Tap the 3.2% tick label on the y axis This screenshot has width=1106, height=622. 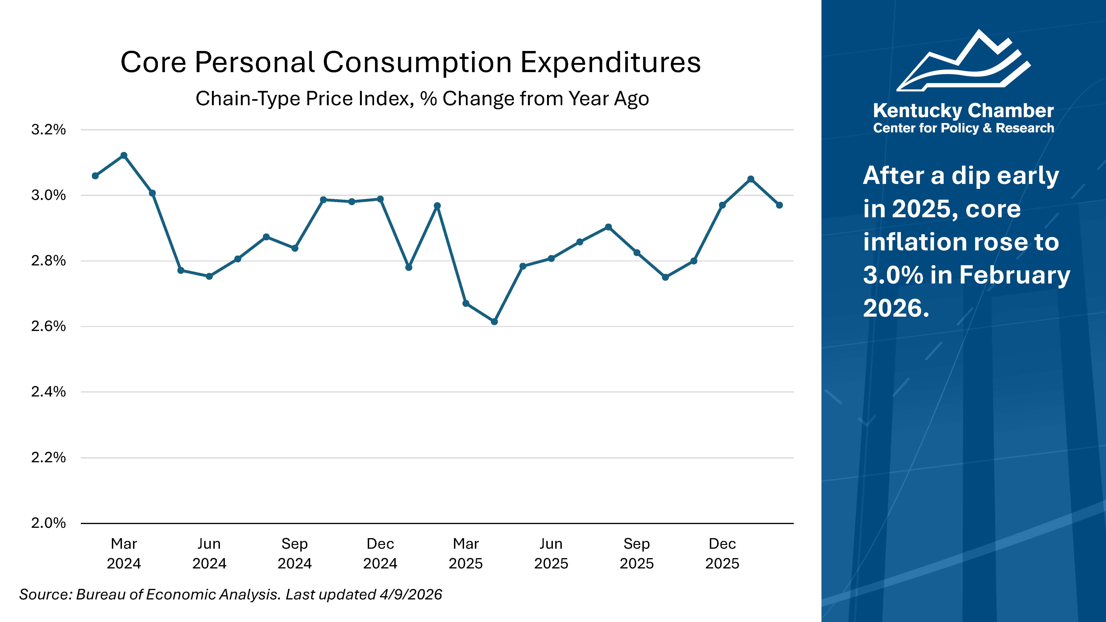coord(48,130)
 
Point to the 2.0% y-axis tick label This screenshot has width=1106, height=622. coord(48,523)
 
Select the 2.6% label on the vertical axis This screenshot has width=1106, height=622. coord(48,326)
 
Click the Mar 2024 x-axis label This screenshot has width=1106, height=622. coord(124,553)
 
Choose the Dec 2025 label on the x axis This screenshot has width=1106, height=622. coord(722,553)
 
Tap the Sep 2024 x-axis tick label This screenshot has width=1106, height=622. coord(294,553)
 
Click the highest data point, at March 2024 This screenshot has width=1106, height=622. coord(124,155)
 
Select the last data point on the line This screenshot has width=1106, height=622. coord(779,205)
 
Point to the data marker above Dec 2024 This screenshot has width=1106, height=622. coord(380,199)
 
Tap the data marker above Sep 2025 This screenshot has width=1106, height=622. coord(637,253)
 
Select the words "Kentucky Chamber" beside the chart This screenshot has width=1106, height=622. coord(963,111)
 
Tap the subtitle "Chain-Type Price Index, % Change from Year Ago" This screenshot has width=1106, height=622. coord(422,99)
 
